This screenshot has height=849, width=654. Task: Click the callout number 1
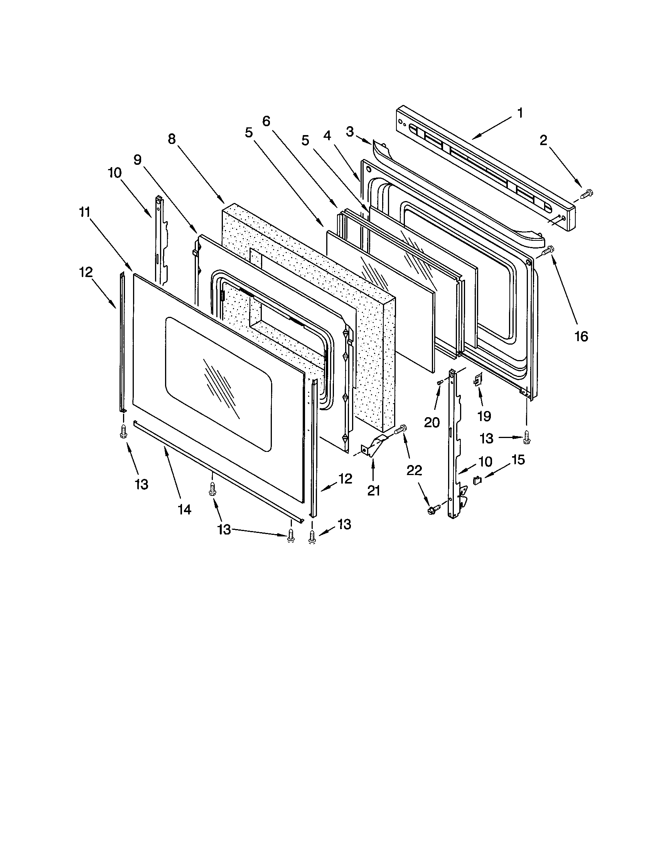(x=520, y=113)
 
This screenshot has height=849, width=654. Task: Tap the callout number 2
(x=543, y=141)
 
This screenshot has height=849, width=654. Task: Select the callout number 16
(x=581, y=336)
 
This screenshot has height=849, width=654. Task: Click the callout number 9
(x=138, y=160)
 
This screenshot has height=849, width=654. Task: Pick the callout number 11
(x=85, y=212)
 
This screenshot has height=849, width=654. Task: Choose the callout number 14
(x=184, y=509)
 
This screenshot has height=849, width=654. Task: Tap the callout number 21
(x=373, y=491)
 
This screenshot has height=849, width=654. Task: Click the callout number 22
(x=414, y=470)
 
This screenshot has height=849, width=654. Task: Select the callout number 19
(x=484, y=416)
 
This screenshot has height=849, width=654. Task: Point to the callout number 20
(x=432, y=422)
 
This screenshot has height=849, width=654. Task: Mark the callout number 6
(x=266, y=121)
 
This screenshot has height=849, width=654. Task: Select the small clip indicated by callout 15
(x=477, y=480)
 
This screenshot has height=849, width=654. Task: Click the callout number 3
(x=350, y=132)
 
